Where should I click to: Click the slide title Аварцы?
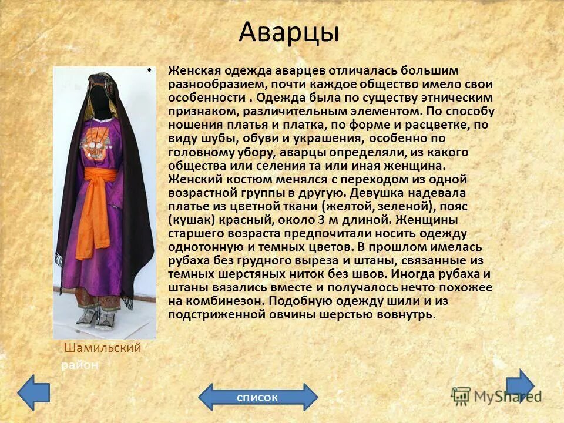288,32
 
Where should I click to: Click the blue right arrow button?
520,385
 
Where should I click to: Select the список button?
257,397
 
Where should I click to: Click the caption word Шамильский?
102,348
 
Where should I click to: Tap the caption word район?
80,365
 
